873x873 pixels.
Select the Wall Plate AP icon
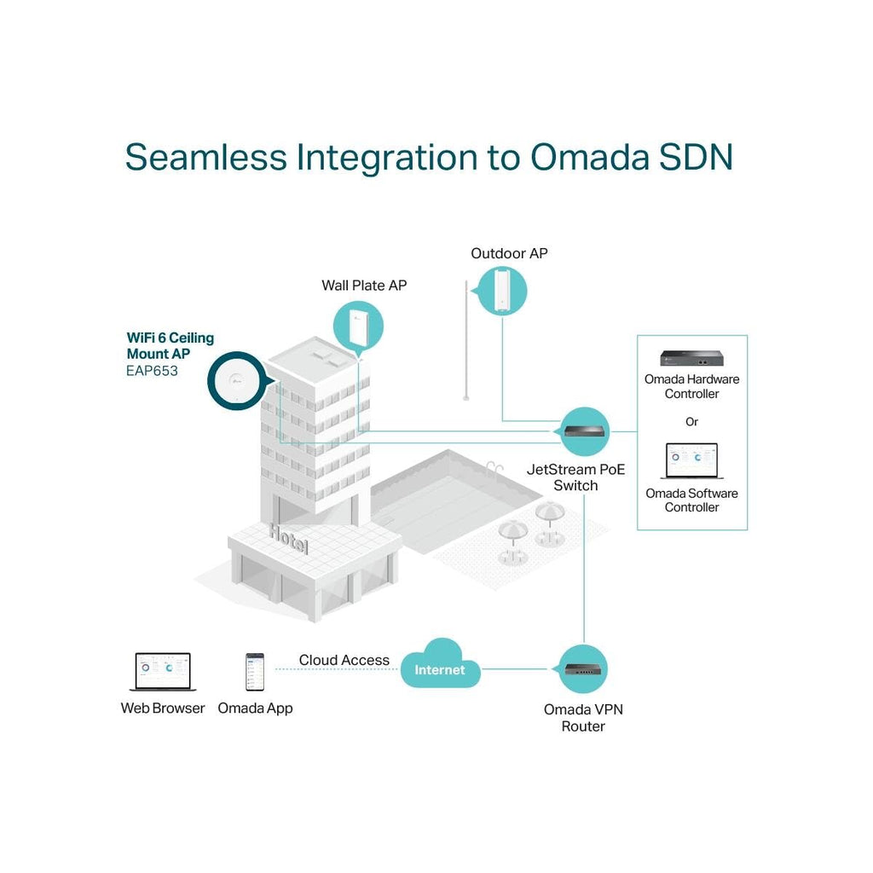click(x=358, y=328)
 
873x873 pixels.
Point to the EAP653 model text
click(x=153, y=371)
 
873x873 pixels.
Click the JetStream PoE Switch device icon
click(x=587, y=431)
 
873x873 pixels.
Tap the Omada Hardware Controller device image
click(x=691, y=358)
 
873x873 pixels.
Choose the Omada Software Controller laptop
click(x=691, y=462)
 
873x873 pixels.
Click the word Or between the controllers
click(x=691, y=422)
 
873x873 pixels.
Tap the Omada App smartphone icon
click(x=255, y=673)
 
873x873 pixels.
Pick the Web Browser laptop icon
click(x=163, y=672)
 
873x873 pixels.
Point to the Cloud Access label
click(x=344, y=660)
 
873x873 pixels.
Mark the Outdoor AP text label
click(x=509, y=253)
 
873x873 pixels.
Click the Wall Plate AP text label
click(x=364, y=286)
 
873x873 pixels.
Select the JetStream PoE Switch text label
click(x=575, y=477)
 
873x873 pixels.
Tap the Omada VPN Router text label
click(x=583, y=718)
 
